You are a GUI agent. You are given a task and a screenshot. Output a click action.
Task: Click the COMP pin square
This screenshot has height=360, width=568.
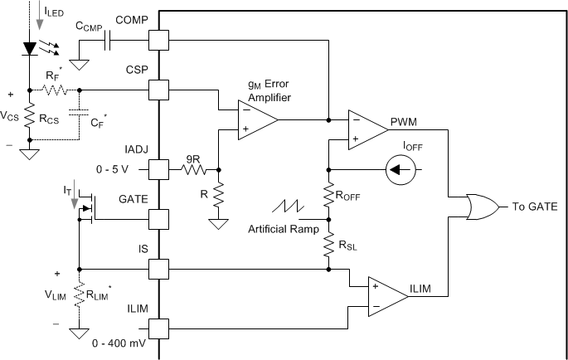[158, 39]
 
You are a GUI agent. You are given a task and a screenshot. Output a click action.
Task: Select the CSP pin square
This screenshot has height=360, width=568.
[158, 89]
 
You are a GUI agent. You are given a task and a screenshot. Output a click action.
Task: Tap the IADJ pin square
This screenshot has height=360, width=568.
[158, 171]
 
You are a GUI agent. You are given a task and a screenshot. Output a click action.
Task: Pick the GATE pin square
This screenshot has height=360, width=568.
[158, 220]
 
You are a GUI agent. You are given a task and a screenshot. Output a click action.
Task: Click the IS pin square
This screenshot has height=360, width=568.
[158, 270]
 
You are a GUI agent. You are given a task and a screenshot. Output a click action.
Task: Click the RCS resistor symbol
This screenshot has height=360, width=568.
[31, 119]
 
